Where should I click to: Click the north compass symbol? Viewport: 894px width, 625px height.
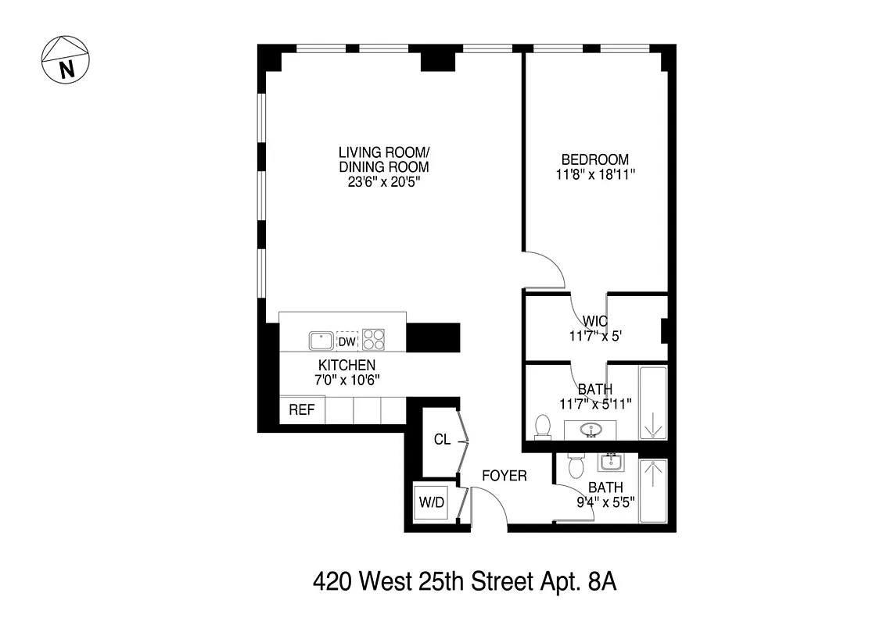[x=66, y=60]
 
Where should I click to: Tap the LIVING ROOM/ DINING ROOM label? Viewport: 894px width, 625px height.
[x=384, y=159]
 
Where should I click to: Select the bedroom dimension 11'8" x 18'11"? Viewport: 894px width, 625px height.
[x=594, y=175]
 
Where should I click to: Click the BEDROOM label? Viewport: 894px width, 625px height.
[x=594, y=159]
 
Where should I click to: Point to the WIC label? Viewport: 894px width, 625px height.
[x=595, y=321]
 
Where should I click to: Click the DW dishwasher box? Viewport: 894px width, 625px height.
[x=347, y=341]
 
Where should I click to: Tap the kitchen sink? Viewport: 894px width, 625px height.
[x=321, y=341]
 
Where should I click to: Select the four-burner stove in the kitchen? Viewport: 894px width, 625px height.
[x=374, y=340]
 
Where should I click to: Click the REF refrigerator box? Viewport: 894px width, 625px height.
[x=301, y=409]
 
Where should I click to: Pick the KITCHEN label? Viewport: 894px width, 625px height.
[x=346, y=365]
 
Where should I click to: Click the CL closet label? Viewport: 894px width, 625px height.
[x=442, y=439]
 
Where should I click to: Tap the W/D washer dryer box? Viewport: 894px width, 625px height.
[x=431, y=502]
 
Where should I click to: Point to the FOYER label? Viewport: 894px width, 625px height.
[x=504, y=475]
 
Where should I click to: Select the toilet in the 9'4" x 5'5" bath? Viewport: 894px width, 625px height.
[x=576, y=466]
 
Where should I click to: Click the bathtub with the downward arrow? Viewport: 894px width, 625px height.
[x=653, y=405]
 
